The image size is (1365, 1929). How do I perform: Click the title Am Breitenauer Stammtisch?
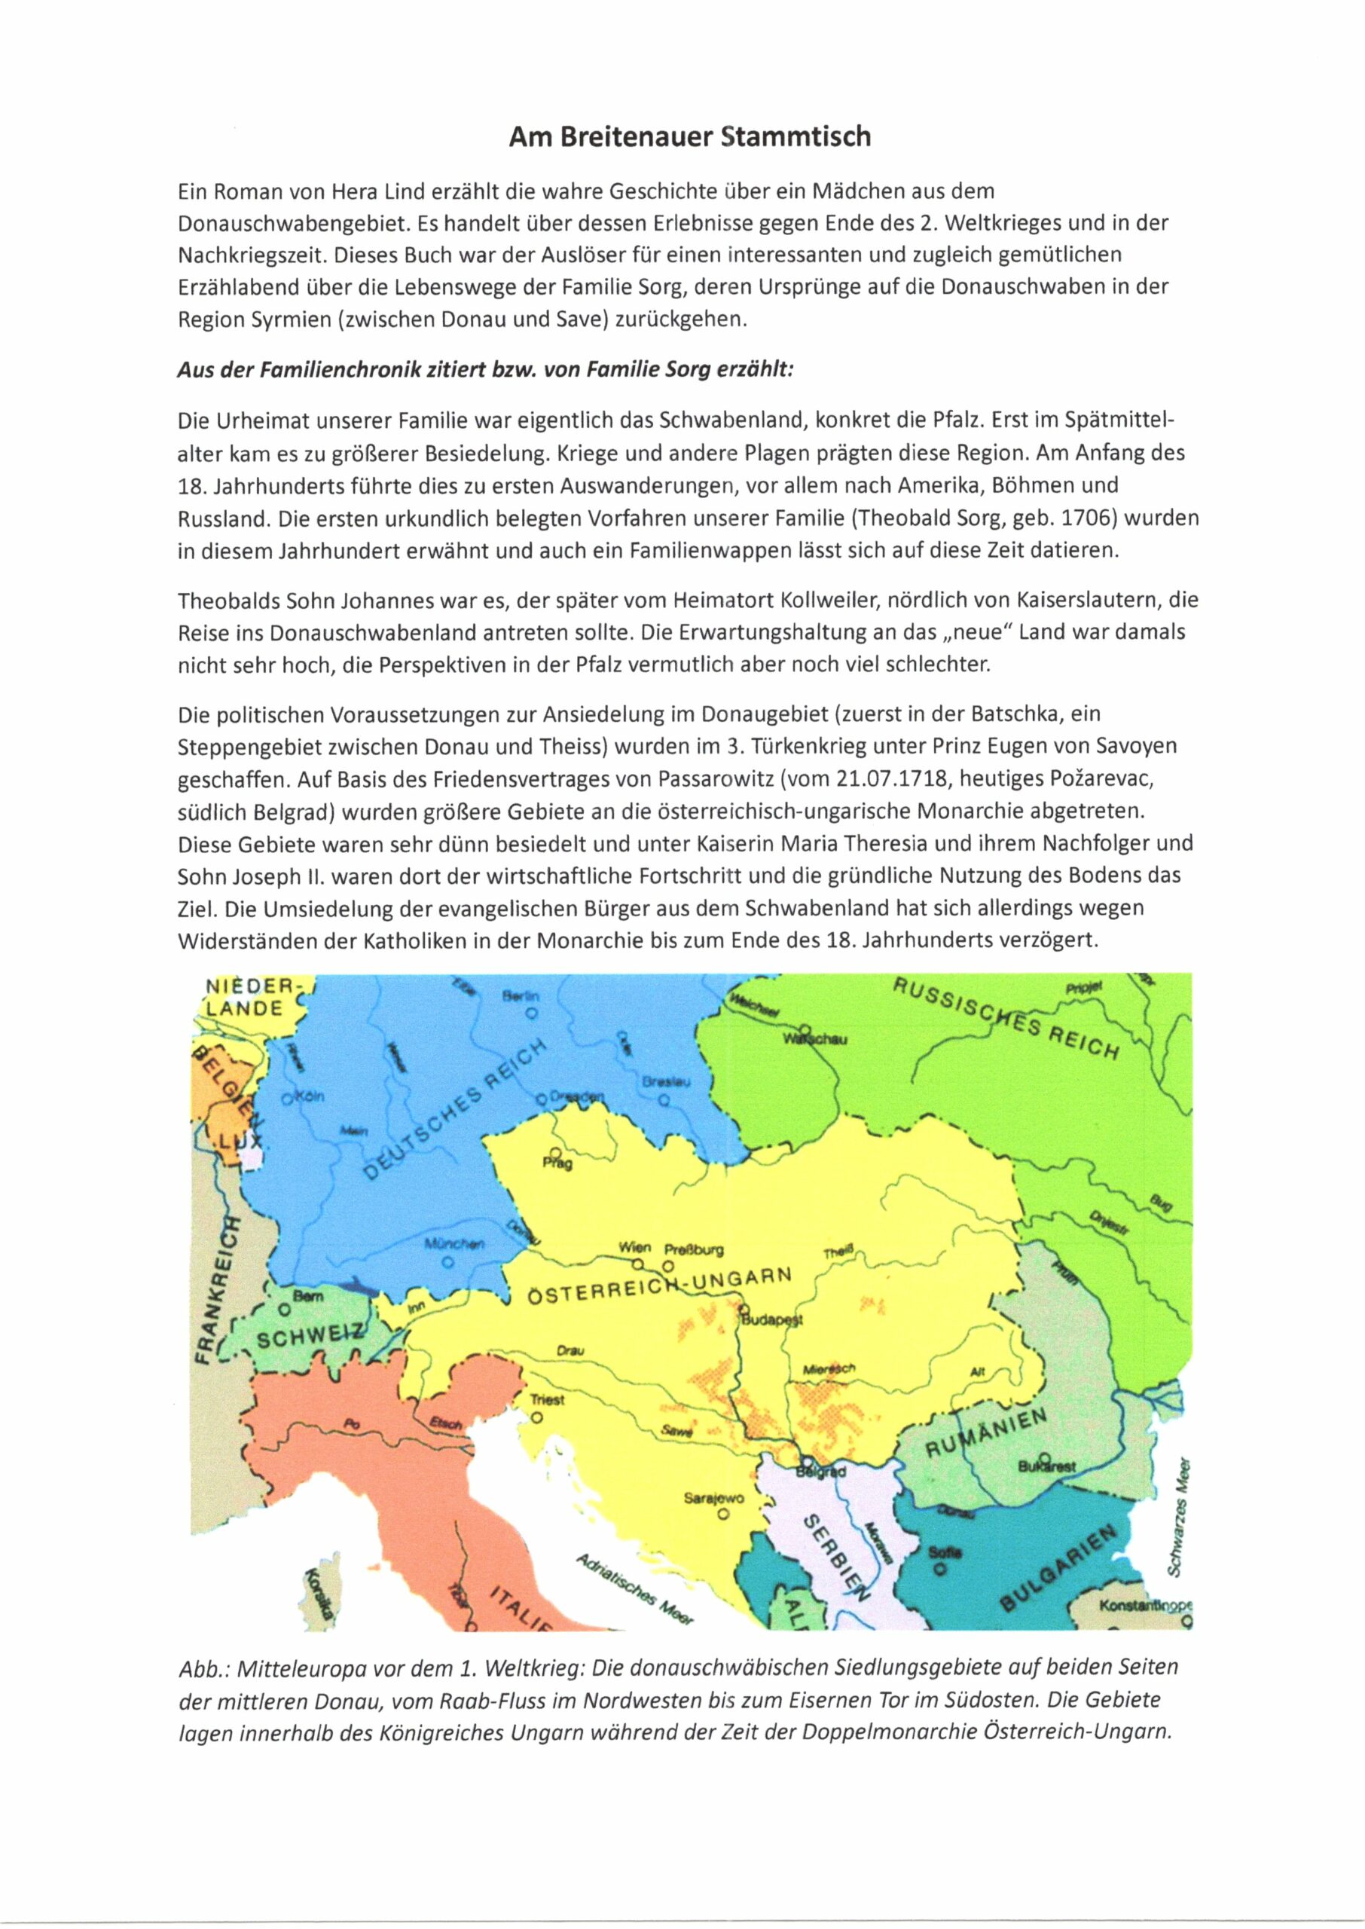point(689,137)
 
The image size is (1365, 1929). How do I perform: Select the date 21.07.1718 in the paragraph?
point(891,779)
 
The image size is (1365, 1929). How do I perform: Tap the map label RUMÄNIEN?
point(986,1433)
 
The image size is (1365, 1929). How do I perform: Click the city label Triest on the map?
point(547,1400)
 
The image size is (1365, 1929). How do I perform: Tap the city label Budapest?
point(771,1319)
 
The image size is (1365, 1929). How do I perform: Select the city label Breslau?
point(666,1083)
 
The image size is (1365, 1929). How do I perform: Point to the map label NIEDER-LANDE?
point(249,997)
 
